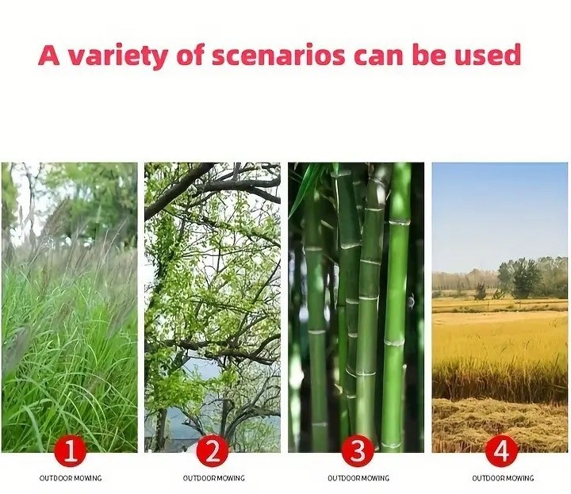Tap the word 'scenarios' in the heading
click(278, 56)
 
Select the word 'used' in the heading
click(488, 55)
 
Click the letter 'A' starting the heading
click(49, 55)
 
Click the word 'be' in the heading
click(429, 55)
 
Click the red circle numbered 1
click(71, 450)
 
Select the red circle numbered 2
click(213, 450)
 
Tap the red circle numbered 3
click(358, 450)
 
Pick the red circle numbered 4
click(501, 450)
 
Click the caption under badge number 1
click(71, 478)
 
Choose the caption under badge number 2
click(214, 478)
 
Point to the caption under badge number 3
click(358, 478)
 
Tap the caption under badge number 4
click(503, 478)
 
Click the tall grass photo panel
click(70, 307)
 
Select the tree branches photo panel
click(213, 307)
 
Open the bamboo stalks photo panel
click(356, 307)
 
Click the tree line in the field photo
click(500, 278)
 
